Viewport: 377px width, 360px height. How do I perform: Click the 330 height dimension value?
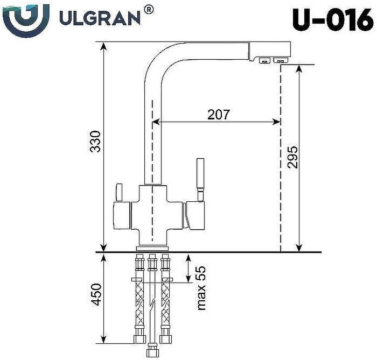pyautogui.click(x=95, y=141)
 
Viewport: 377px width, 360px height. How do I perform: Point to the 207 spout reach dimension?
pyautogui.click(x=219, y=114)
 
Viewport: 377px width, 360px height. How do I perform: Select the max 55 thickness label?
pyautogui.click(x=201, y=287)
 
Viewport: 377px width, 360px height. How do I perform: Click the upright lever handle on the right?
pyautogui.click(x=200, y=178)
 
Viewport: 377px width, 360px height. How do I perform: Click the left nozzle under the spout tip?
pyautogui.click(x=264, y=60)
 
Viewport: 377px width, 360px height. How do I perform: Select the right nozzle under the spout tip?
pyautogui.click(x=281, y=60)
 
